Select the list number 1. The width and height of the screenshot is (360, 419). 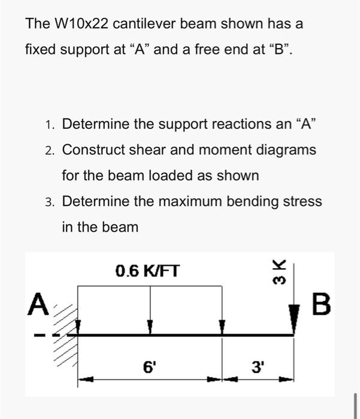click(49, 125)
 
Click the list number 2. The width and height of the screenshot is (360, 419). click(49, 150)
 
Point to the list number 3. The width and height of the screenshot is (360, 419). click(49, 202)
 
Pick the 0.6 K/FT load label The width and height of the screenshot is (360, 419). click(147, 272)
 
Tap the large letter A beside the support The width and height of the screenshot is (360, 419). click(38, 305)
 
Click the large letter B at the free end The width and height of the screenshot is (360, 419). click(321, 305)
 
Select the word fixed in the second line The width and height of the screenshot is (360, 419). click(40, 50)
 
